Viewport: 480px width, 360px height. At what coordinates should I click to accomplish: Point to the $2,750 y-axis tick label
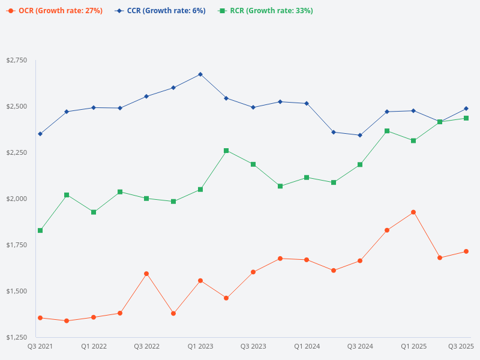[16, 61]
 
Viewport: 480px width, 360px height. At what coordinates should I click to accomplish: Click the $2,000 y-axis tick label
[16, 199]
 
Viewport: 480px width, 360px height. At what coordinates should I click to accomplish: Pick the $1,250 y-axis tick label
[16, 337]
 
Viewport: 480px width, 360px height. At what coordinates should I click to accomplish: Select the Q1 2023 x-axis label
[200, 346]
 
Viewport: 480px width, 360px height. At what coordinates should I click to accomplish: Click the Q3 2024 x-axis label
[360, 346]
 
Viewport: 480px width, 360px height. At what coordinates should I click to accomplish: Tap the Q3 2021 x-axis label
[40, 346]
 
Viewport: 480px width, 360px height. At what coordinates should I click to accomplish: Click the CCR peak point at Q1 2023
[200, 74]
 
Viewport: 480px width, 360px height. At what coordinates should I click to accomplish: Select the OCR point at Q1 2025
[413, 212]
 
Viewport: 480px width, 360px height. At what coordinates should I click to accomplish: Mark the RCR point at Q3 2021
[40, 230]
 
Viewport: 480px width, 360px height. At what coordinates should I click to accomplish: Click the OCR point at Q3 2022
[146, 274]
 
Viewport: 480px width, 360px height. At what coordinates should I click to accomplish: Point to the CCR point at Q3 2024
[360, 135]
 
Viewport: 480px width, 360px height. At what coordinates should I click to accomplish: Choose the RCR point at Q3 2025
[466, 118]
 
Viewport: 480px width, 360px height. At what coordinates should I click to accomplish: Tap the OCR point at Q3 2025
[466, 251]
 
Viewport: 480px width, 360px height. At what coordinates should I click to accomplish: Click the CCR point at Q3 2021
[40, 134]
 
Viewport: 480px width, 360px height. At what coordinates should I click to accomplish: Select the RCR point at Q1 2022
[94, 212]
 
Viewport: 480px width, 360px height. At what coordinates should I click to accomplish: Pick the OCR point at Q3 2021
[40, 317]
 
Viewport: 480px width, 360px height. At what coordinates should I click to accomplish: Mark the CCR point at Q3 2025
[466, 109]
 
